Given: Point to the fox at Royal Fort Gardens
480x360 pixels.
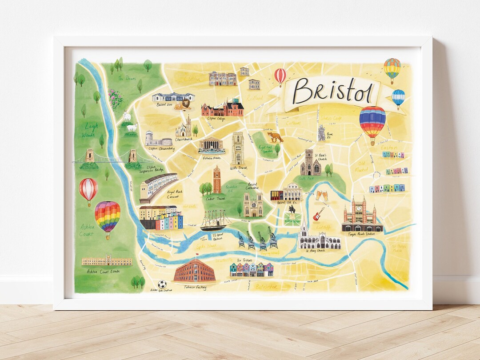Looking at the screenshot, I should [x=275, y=137].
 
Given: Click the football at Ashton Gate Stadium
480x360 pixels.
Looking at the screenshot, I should [x=162, y=284].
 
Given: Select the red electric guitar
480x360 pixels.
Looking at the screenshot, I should [x=318, y=215].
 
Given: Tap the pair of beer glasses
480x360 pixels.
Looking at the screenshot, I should [x=321, y=195].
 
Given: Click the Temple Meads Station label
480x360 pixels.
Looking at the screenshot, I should [x=362, y=234].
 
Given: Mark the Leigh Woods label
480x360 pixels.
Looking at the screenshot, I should [x=91, y=130].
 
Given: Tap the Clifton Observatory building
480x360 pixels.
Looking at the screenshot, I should [x=158, y=138].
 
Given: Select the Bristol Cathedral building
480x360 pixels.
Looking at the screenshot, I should [x=253, y=204].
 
